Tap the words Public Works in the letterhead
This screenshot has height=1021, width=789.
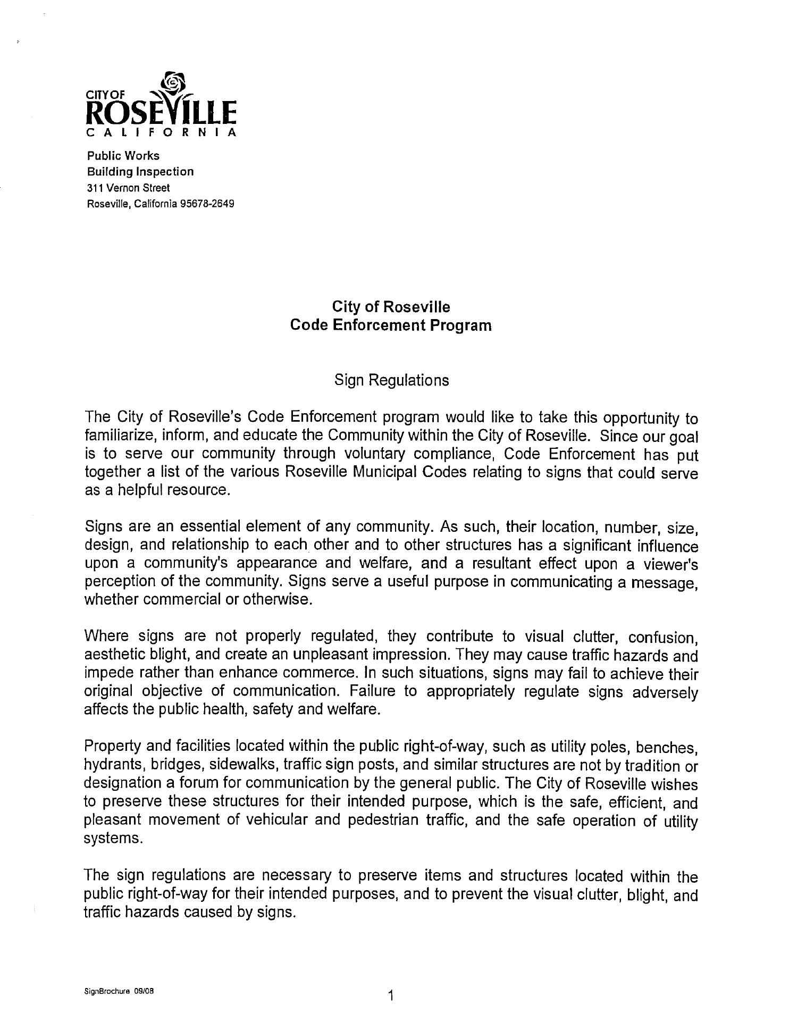point(123,156)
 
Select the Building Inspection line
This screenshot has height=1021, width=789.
point(140,172)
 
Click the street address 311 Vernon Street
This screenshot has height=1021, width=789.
point(128,188)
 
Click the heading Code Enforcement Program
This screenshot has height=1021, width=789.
point(391,325)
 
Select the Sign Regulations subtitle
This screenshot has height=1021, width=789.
point(391,380)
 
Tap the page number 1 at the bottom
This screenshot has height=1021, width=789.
point(391,995)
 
